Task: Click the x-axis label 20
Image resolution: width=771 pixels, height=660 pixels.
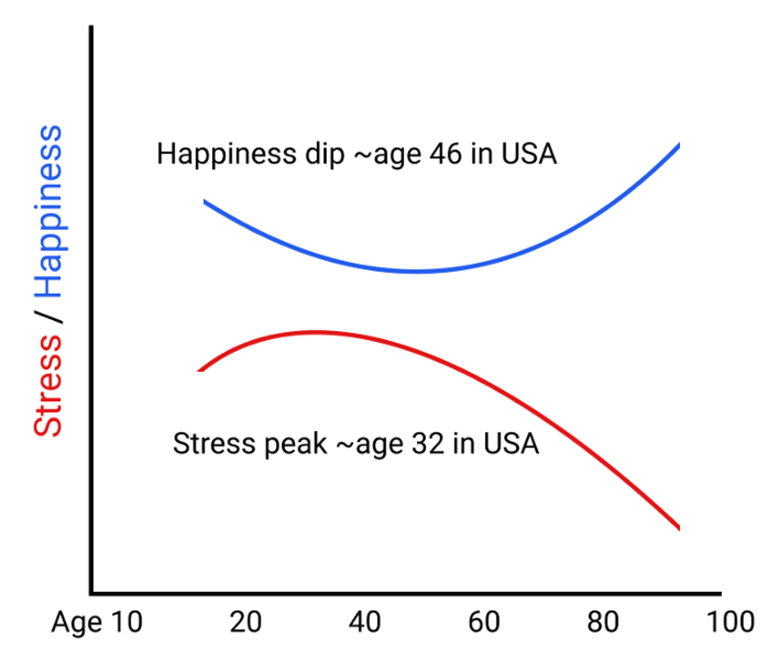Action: (245, 623)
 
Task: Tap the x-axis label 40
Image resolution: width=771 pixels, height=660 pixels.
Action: (365, 623)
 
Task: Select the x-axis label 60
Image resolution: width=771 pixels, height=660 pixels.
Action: (484, 623)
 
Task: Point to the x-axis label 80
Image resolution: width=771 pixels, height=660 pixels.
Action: (604, 623)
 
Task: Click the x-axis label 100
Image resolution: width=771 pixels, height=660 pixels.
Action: (727, 623)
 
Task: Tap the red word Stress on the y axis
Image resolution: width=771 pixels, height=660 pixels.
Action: (48, 384)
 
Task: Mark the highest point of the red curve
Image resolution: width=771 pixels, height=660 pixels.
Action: (313, 332)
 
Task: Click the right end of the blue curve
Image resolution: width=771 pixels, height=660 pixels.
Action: (678, 146)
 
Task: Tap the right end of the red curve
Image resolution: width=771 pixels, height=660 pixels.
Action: (678, 528)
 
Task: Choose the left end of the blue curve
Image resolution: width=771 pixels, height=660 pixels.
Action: (205, 201)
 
